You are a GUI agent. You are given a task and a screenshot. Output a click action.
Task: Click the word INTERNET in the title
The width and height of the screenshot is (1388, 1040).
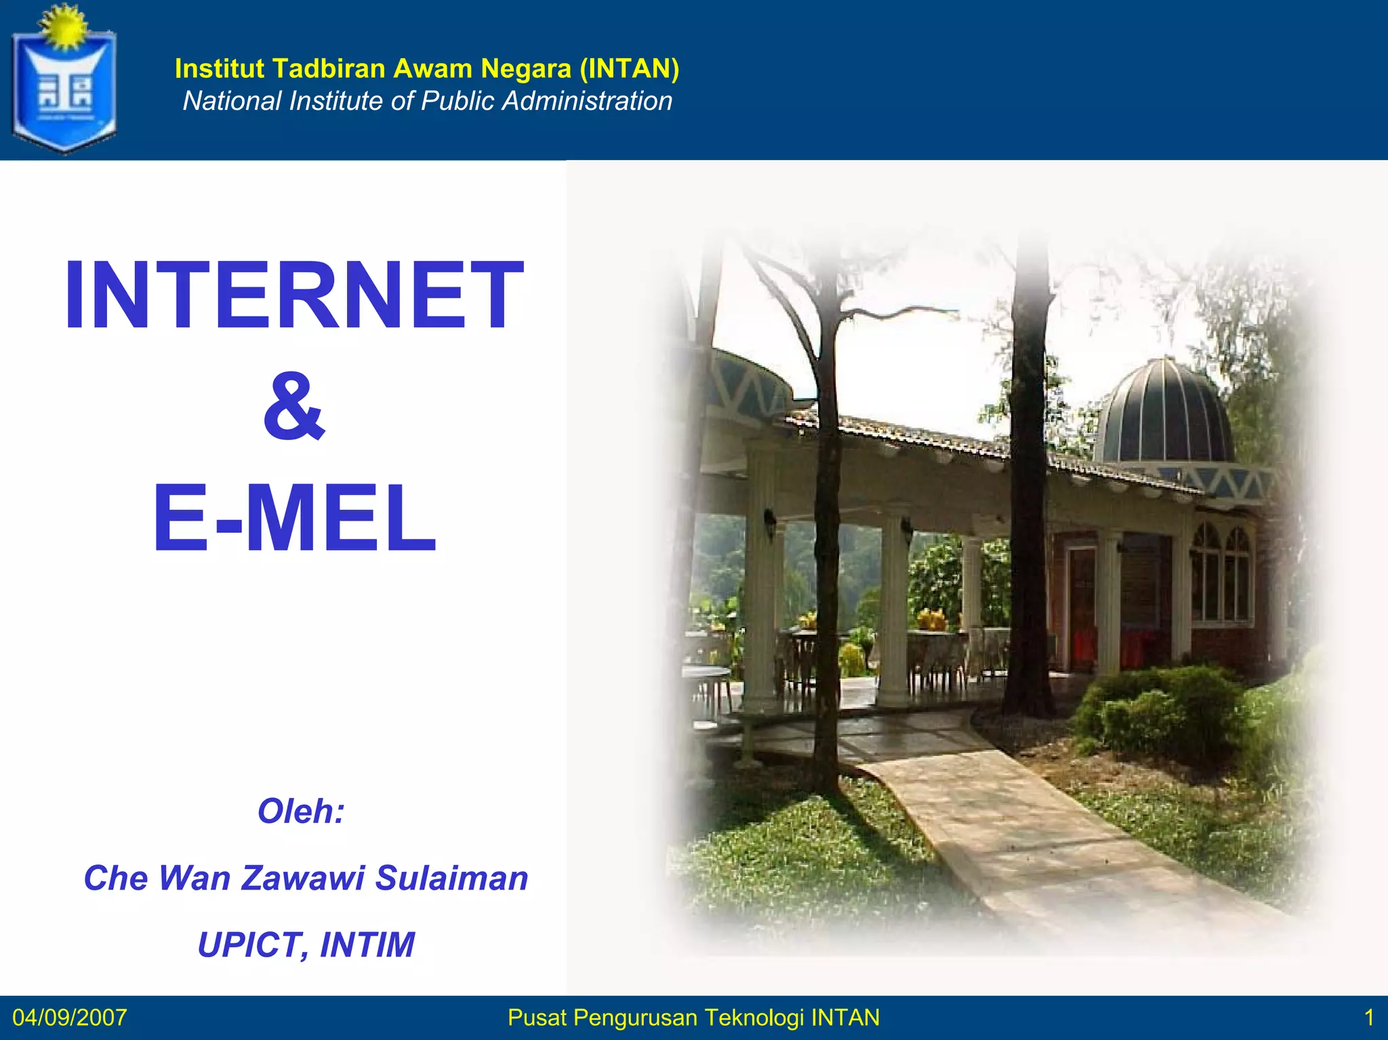tap(293, 296)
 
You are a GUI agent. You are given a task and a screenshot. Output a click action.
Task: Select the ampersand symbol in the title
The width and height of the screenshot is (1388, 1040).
tap(294, 406)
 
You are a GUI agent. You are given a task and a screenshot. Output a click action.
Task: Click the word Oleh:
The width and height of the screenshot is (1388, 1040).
tap(301, 811)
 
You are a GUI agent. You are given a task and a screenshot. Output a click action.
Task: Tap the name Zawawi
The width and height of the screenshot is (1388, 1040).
tap(303, 878)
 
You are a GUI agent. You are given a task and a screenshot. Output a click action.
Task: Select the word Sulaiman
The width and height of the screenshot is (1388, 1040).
tap(451, 878)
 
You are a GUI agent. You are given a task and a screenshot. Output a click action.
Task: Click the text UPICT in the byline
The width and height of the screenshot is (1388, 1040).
tap(248, 944)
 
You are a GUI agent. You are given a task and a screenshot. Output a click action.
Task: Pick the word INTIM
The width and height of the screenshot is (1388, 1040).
tap(367, 944)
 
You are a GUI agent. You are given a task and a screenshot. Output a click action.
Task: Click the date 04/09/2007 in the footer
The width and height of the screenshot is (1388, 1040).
tap(69, 1018)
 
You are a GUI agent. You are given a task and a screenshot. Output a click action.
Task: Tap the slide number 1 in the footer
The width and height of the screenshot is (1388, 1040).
tap(1368, 1018)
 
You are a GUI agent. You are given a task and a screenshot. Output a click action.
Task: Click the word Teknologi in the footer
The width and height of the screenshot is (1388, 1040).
tap(754, 1018)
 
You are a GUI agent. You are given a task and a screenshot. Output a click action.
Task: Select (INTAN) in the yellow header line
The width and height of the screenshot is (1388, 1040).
tap(630, 68)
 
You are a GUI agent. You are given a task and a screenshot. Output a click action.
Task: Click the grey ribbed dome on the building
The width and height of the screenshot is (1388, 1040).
tap(1164, 414)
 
